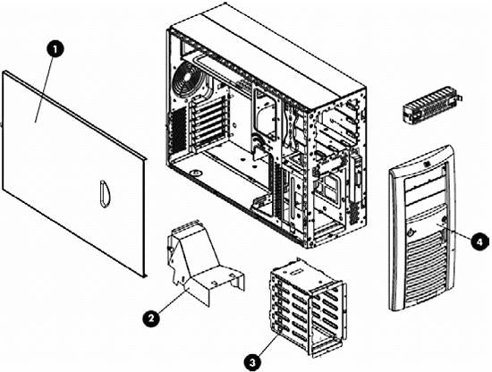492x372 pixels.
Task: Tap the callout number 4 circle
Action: point(479,241)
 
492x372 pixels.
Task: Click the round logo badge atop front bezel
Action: point(432,164)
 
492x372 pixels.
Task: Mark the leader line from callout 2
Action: point(172,300)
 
